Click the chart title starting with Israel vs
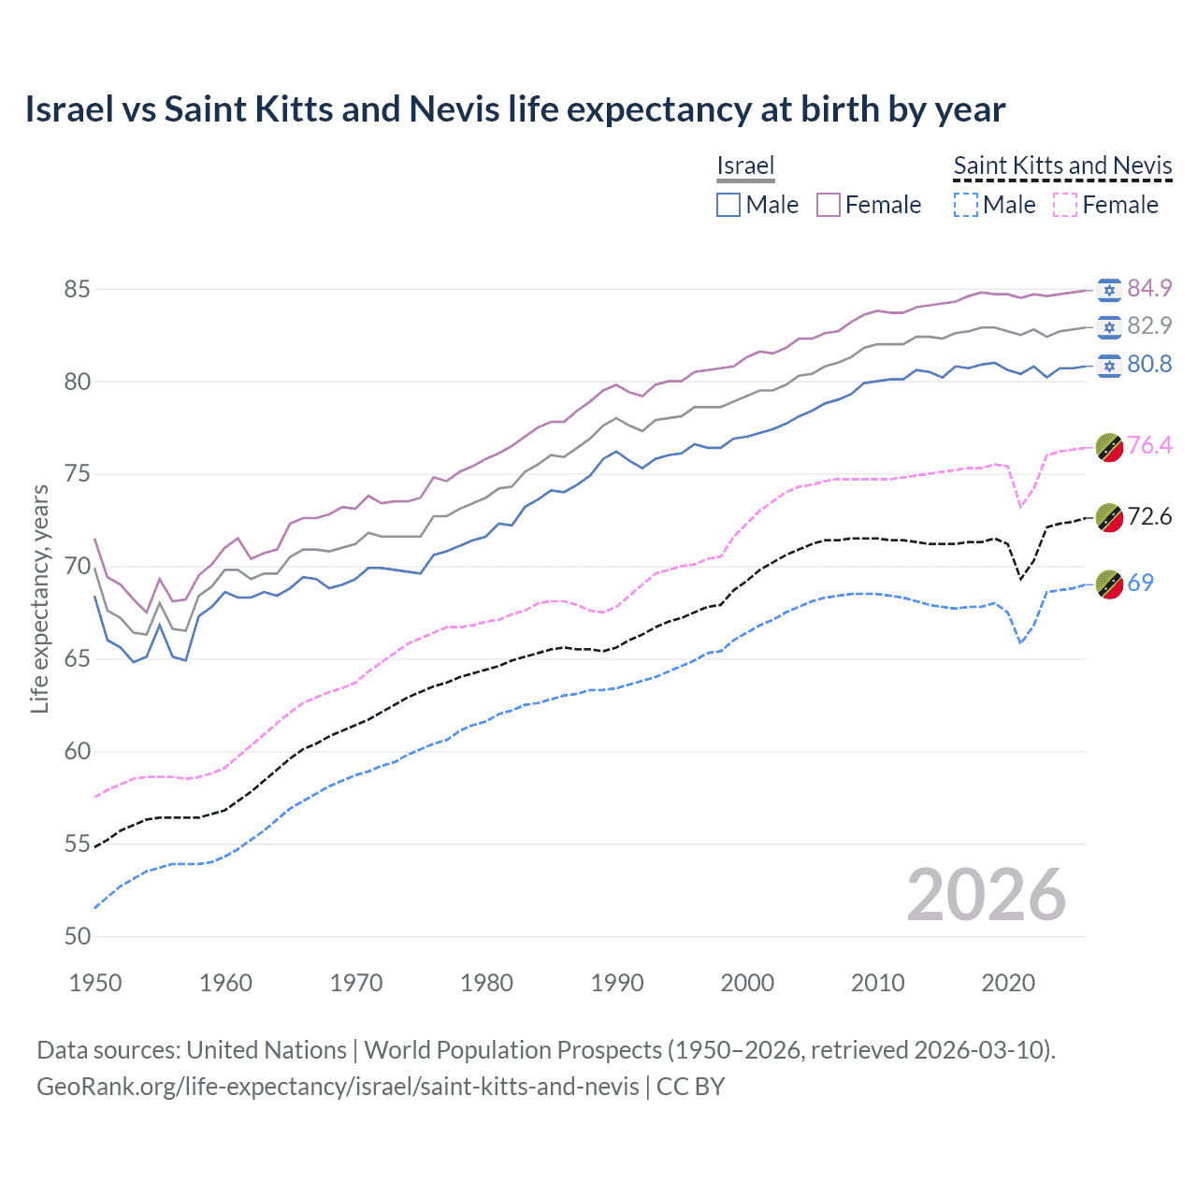(514, 109)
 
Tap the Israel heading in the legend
(745, 166)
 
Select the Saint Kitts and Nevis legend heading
(1062, 166)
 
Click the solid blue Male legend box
(728, 205)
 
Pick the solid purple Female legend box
(829, 205)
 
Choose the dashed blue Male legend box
(966, 205)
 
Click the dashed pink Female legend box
(1065, 205)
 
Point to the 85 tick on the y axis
(77, 289)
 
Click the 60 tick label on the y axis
(77, 751)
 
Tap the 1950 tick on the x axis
(95, 983)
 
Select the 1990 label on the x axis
(617, 983)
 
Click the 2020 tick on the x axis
(1008, 983)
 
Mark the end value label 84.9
(1149, 288)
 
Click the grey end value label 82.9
(1149, 325)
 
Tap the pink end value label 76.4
(1149, 445)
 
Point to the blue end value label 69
(1140, 583)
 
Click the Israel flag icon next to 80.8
(1109, 365)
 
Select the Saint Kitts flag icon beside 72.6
(1109, 517)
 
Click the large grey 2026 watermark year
(986, 895)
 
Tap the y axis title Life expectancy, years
(39, 598)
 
